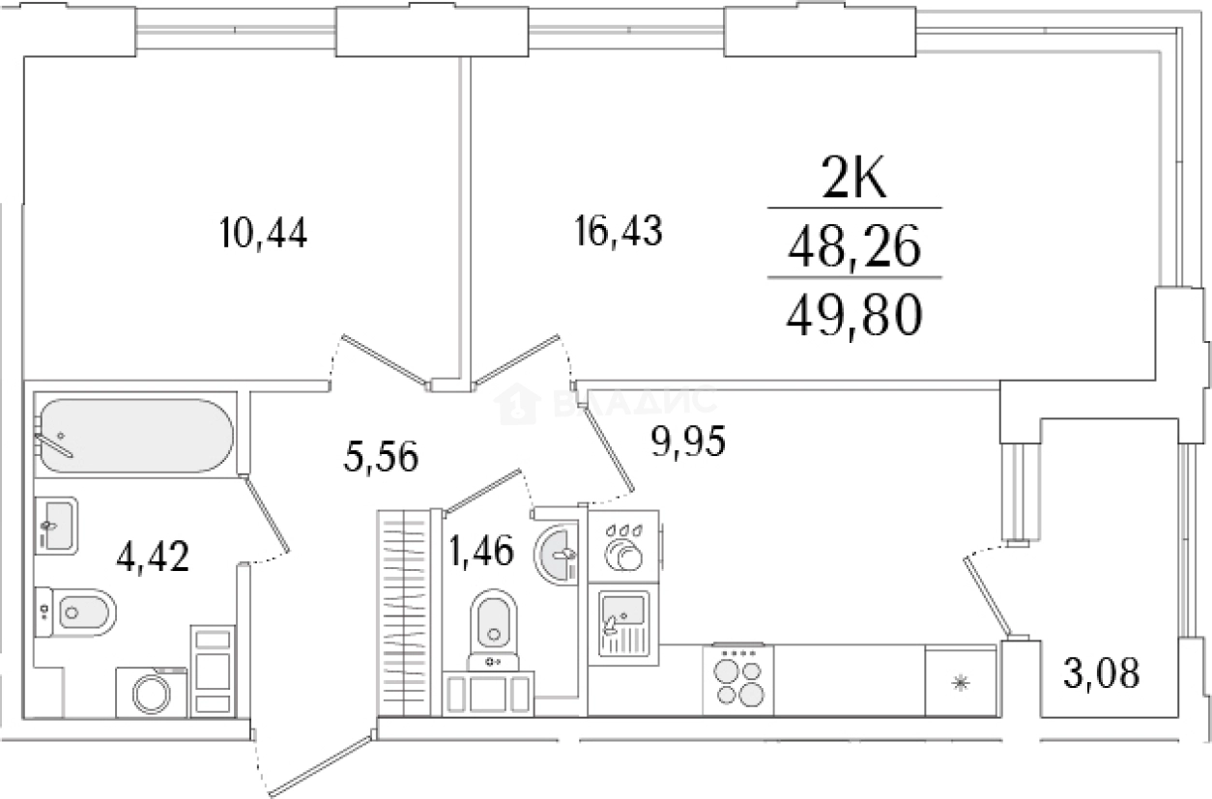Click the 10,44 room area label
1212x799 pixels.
(x=264, y=233)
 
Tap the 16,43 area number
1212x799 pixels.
(x=619, y=231)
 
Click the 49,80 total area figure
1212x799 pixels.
(x=854, y=317)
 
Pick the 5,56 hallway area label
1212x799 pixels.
(x=381, y=456)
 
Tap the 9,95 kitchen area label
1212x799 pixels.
(x=688, y=442)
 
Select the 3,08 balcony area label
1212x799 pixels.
(x=1102, y=674)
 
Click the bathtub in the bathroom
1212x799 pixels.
(x=136, y=436)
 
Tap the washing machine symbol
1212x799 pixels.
(x=152, y=692)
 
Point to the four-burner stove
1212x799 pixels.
(x=738, y=680)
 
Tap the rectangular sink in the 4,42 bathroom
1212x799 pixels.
(x=56, y=526)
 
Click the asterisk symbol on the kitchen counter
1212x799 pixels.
(x=961, y=684)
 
